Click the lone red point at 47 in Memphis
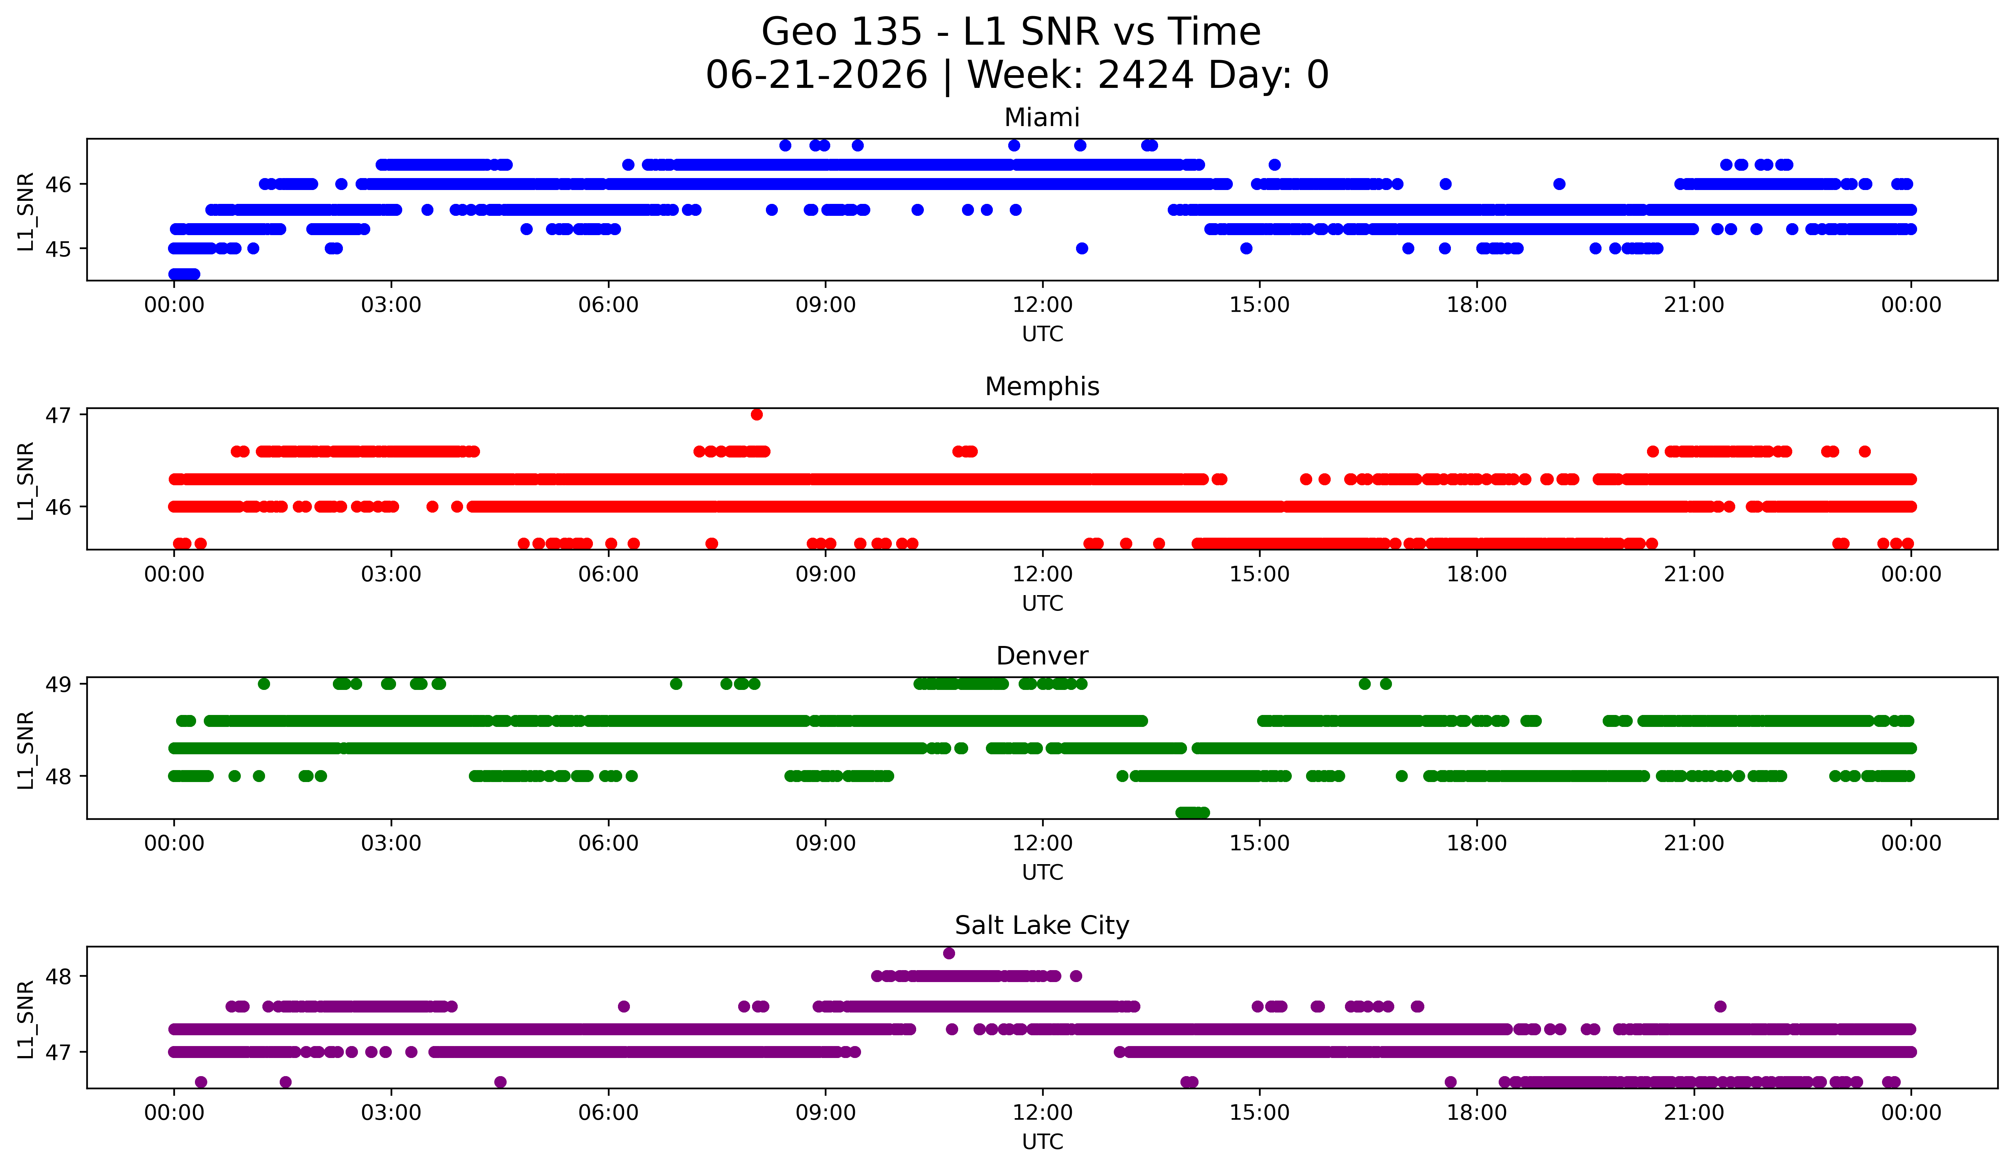757,414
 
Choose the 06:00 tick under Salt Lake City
609,1112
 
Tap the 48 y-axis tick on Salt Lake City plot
58,976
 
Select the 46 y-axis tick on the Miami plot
58,185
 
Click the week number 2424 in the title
1146,75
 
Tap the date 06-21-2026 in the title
816,75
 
